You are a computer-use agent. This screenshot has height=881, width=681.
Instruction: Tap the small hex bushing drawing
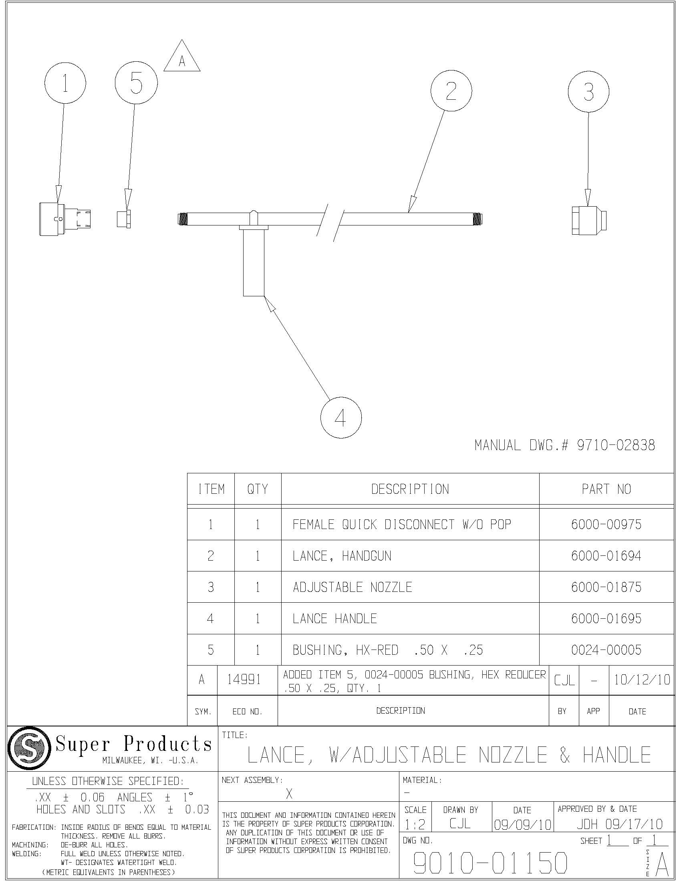pos(123,219)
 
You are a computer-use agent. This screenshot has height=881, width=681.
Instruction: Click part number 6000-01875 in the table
pos(606,587)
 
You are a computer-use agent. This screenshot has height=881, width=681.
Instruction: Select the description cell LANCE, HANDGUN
pos(342,556)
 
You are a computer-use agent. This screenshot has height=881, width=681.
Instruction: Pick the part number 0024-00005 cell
pos(606,650)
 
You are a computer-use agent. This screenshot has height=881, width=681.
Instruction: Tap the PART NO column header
pos(606,489)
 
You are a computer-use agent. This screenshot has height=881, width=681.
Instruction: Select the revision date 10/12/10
pos(642,680)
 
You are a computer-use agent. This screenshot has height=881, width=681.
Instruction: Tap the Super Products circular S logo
pos(30,748)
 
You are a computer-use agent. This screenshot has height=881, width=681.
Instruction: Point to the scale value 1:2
pos(415,825)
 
